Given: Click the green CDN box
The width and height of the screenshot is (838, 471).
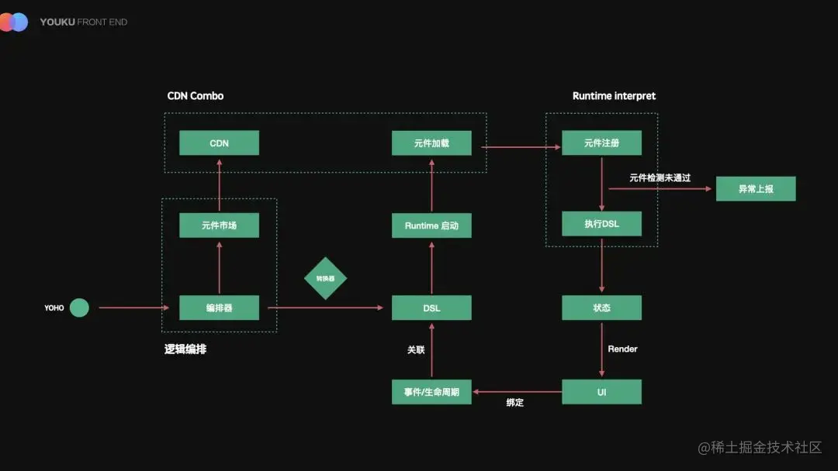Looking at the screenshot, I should coord(219,143).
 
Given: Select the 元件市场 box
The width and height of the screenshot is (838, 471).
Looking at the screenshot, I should coord(219,225).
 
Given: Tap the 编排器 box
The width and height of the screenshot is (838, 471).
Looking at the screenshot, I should coord(219,308).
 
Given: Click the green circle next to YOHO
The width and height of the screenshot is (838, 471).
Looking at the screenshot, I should coord(79,308).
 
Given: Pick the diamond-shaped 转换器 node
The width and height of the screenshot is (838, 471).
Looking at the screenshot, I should coord(325,278).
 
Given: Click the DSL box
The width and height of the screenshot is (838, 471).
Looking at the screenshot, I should coord(431,308).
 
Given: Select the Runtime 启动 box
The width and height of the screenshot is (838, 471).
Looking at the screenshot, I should coord(431,225).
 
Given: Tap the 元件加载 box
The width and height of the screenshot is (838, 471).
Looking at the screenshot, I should coord(431,143).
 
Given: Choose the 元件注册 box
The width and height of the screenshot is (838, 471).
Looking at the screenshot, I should coord(601,143).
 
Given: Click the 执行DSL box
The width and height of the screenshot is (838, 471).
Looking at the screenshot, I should coord(601,224).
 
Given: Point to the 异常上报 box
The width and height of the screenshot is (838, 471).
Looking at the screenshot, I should coord(755,189).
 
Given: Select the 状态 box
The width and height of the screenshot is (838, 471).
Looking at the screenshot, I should coord(601,308).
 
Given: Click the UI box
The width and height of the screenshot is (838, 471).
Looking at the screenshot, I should coord(601,392).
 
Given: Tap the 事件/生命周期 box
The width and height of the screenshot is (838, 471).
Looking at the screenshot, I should coord(431,392).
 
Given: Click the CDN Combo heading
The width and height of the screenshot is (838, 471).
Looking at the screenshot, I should coord(196,96).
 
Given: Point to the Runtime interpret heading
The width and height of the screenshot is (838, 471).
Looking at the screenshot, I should coord(614,96).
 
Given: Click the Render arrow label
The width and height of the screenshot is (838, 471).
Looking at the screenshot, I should coord(622,349).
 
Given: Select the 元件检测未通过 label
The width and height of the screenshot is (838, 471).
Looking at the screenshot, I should coord(660,178).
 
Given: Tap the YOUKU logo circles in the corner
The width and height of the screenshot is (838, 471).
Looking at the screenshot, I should coord(14,22).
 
